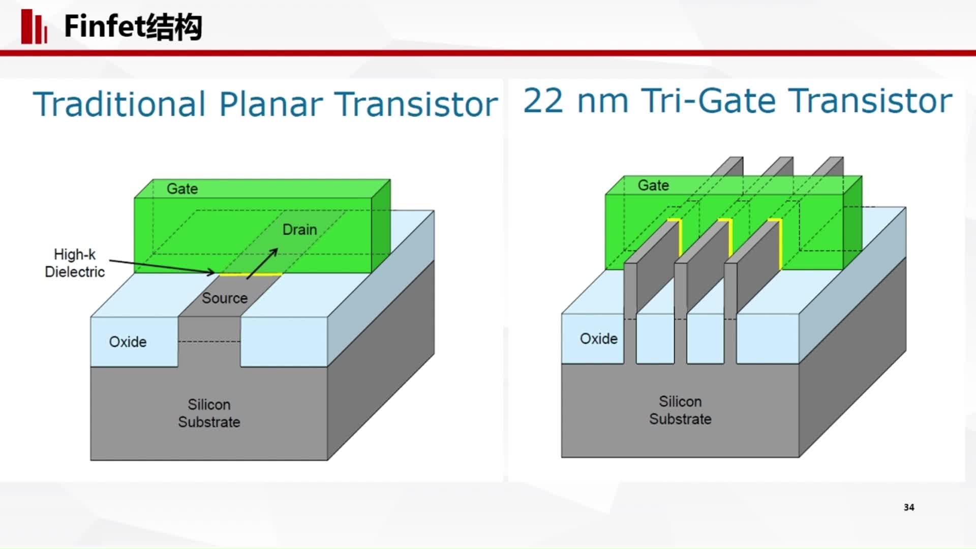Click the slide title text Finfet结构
pos(133,26)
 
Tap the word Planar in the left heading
pos(271,105)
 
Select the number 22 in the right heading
pos(543,101)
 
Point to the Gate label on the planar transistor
pos(182,189)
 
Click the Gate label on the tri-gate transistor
pos(653,186)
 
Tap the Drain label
pos(299,230)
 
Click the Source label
pos(225,298)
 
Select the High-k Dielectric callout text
pos(75,263)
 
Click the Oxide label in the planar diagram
pos(128,342)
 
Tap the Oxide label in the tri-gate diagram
pos(599,339)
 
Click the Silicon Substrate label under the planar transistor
pos(209,413)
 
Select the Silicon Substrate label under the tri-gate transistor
pos(680,410)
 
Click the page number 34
pos(909,507)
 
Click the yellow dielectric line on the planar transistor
pos(250,274)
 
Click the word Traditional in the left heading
pos(119,104)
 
